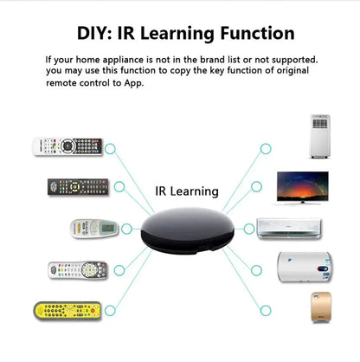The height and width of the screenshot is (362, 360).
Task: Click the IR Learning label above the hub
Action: tap(186, 191)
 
